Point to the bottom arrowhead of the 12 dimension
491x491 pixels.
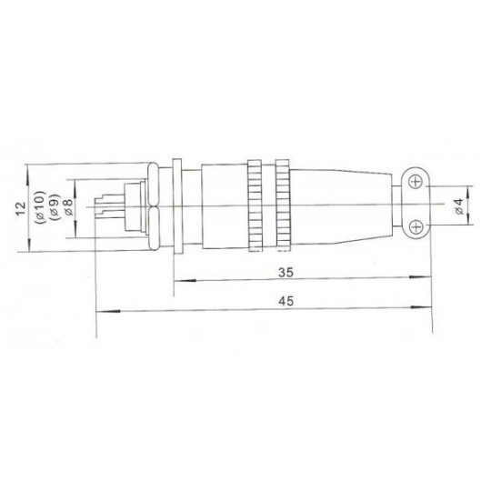30,248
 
